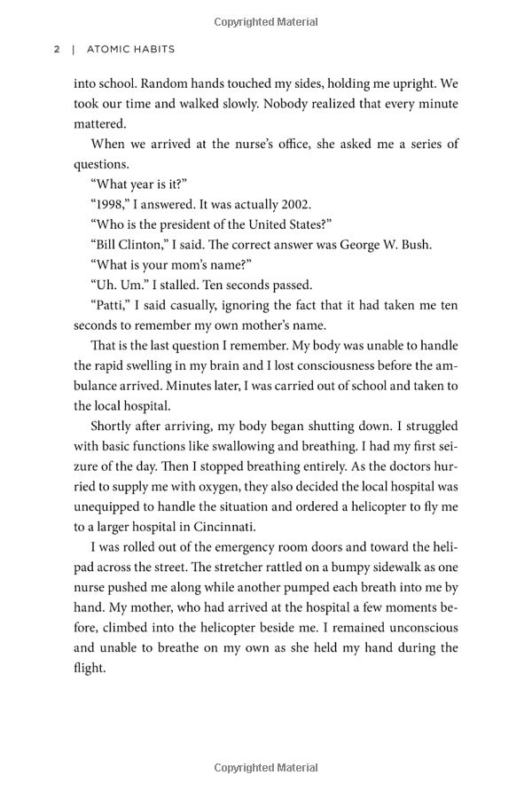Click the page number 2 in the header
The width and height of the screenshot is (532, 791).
[57, 49]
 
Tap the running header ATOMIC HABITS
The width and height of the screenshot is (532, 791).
[131, 49]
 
